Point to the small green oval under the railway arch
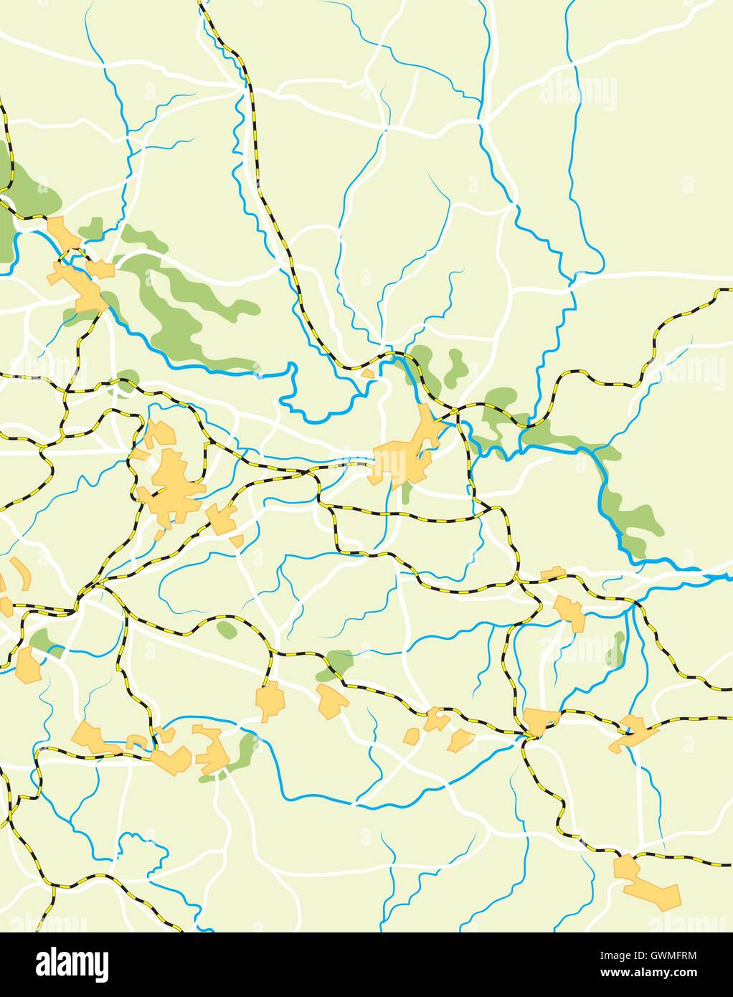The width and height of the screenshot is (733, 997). coord(227,630)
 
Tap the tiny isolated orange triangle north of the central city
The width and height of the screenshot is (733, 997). coord(368,374)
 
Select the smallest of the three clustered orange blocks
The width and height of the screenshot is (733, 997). coord(412,736)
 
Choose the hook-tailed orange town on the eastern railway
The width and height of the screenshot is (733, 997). coord(631,732)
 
